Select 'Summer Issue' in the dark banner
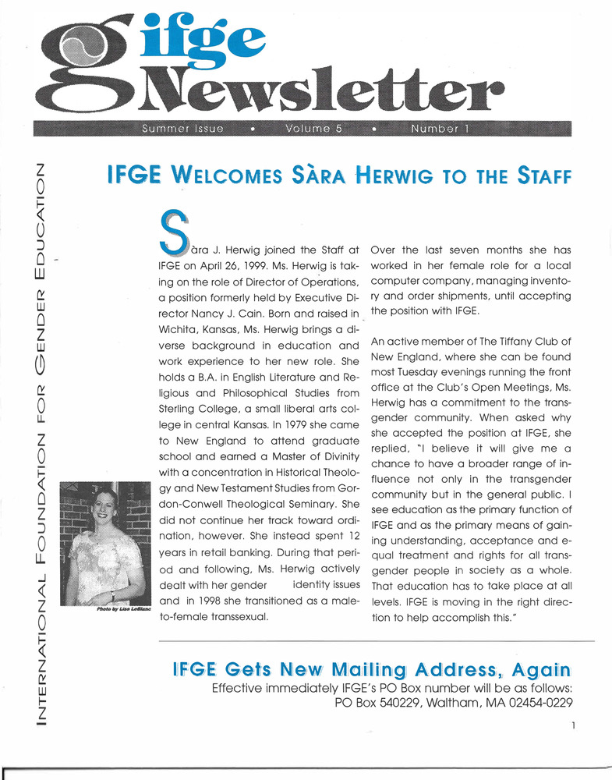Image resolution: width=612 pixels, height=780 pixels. click(181, 129)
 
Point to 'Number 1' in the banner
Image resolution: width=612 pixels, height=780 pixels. click(439, 129)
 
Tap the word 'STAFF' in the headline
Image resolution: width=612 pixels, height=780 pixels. click(544, 176)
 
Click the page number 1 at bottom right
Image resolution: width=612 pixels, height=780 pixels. click(572, 725)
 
